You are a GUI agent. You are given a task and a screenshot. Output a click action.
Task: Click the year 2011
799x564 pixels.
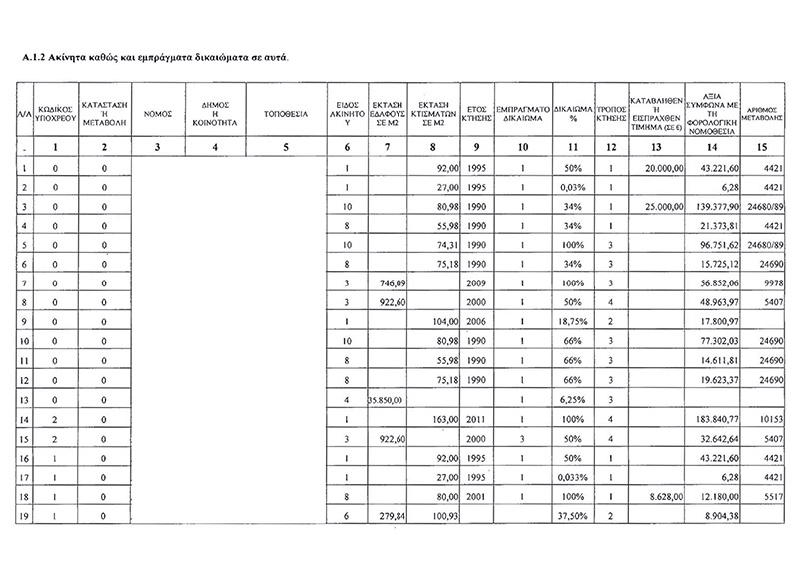(476, 424)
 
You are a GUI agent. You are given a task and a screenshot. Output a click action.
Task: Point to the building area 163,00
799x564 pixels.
(440, 424)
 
